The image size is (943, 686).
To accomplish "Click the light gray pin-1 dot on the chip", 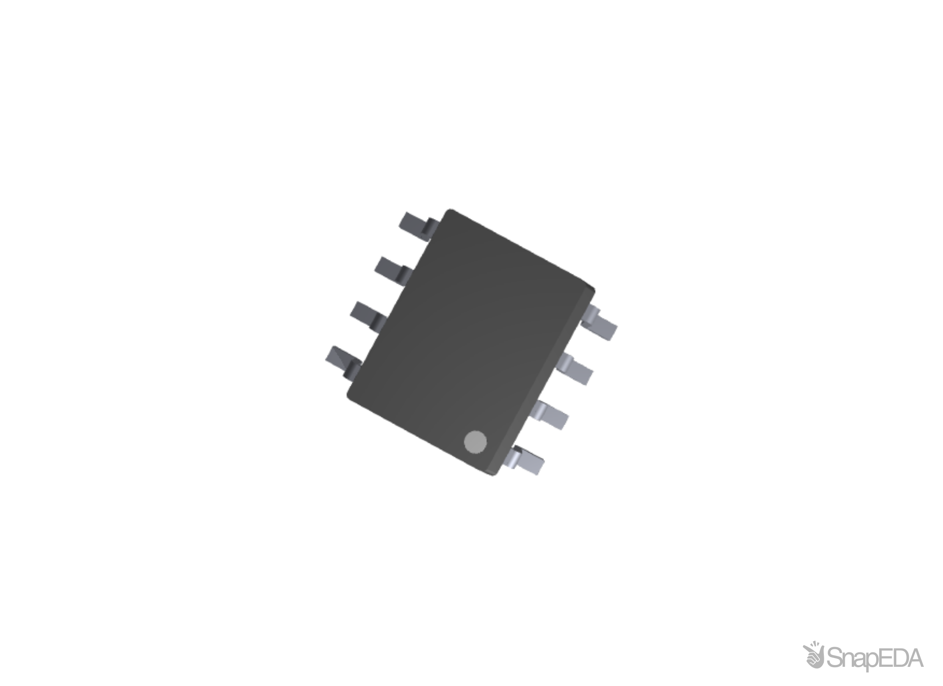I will (x=475, y=442).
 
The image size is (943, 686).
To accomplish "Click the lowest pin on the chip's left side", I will (x=342, y=360).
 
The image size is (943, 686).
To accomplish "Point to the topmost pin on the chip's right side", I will (x=601, y=322).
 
